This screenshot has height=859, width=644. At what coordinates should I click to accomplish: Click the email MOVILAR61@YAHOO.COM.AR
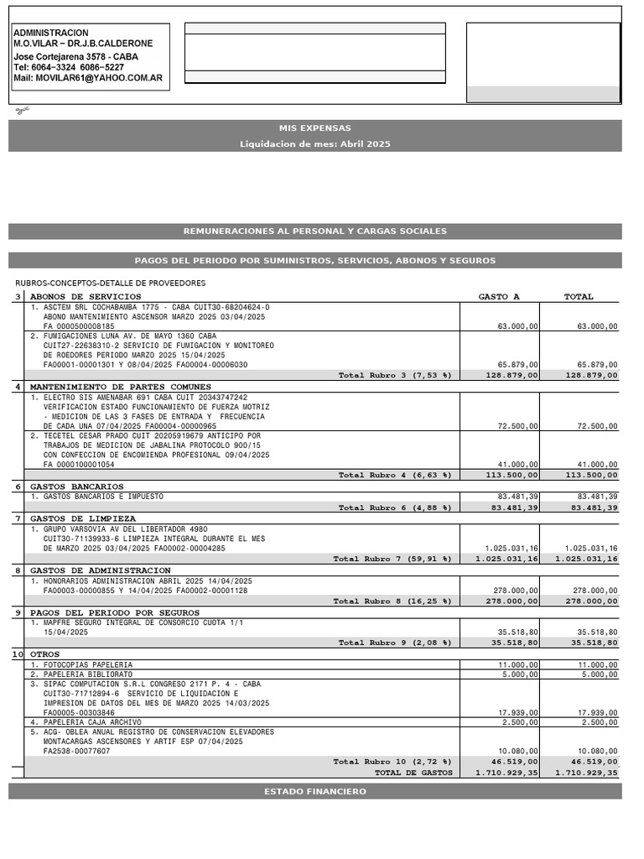point(88,78)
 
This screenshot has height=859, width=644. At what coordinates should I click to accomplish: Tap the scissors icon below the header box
point(22,110)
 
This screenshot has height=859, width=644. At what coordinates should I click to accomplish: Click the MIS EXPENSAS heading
point(315,128)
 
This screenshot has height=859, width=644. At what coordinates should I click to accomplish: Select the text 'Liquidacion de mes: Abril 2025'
point(315,144)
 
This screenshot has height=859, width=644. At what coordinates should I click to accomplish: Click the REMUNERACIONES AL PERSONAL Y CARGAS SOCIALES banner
point(315,232)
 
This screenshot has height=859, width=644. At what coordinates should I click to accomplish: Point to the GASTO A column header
point(499,297)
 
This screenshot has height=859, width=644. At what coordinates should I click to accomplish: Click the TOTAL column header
point(579,297)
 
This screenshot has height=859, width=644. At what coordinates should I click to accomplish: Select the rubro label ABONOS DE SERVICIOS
point(86,297)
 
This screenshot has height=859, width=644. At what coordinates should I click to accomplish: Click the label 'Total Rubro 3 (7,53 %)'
point(395,376)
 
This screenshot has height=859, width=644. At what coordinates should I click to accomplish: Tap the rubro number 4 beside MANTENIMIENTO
point(18,387)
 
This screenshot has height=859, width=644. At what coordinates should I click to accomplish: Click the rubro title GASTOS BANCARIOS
point(77,487)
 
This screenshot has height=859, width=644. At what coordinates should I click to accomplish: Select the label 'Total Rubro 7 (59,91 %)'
point(392,559)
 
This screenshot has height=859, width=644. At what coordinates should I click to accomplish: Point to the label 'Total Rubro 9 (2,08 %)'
point(395,643)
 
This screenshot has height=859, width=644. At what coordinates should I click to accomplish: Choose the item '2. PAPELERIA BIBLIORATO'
point(81,674)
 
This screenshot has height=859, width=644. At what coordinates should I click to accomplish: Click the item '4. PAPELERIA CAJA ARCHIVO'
point(86,722)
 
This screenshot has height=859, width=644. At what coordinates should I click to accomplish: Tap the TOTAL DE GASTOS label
point(413,773)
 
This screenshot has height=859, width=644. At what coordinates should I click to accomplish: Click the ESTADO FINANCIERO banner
point(315,792)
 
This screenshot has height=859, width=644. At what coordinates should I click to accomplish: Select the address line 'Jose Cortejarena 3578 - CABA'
point(76,57)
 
